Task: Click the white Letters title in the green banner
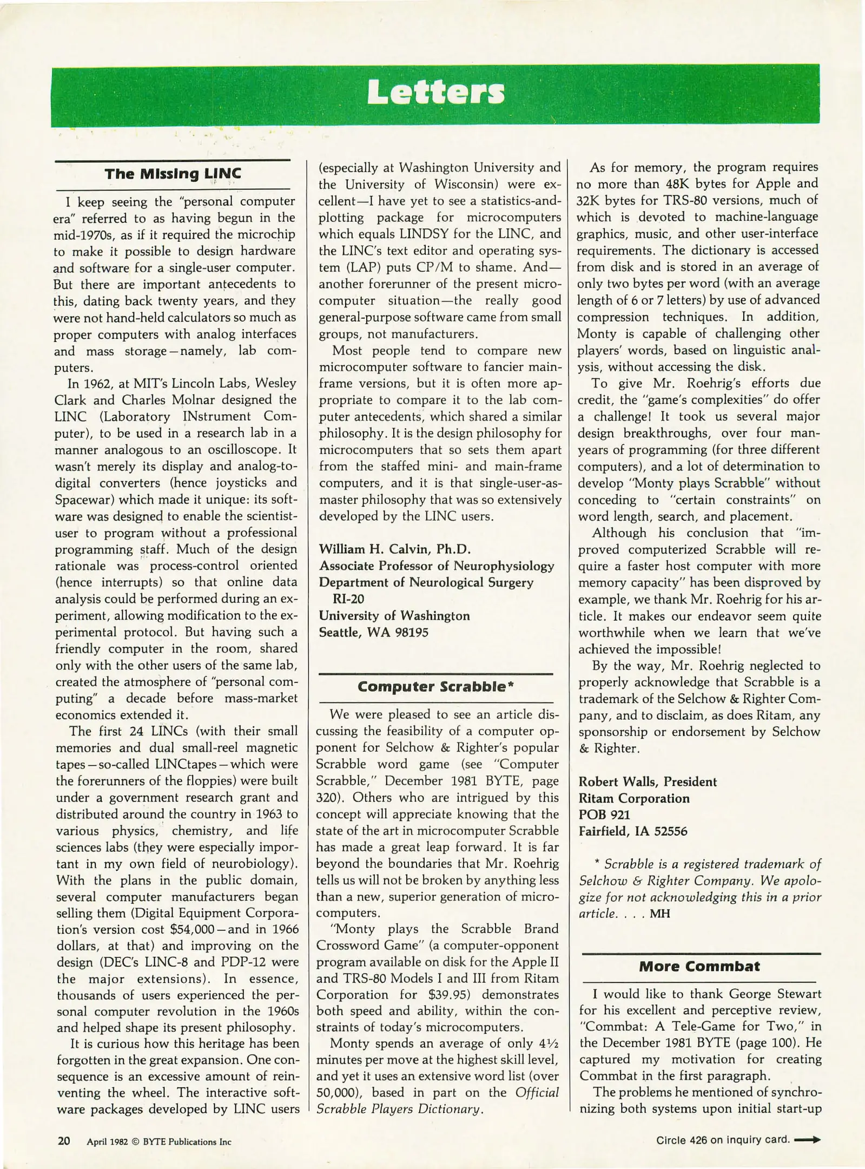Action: pyautogui.click(x=435, y=93)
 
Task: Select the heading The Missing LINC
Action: pyautogui.click(x=173, y=174)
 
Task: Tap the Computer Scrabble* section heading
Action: pyautogui.click(x=435, y=687)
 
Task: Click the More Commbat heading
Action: pyautogui.click(x=699, y=966)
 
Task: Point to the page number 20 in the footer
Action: pyautogui.click(x=64, y=1141)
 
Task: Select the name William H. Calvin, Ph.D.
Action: pyautogui.click(x=395, y=549)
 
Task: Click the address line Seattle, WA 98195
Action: pyautogui.click(x=373, y=632)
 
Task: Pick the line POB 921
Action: pyautogui.click(x=604, y=815)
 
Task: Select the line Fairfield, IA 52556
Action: pyautogui.click(x=633, y=831)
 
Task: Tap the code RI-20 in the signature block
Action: pyautogui.click(x=348, y=599)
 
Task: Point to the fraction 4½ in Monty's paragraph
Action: pyautogui.click(x=549, y=1043)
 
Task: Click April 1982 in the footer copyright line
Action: pyautogui.click(x=107, y=1142)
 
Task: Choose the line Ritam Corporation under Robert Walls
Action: pyautogui.click(x=634, y=798)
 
